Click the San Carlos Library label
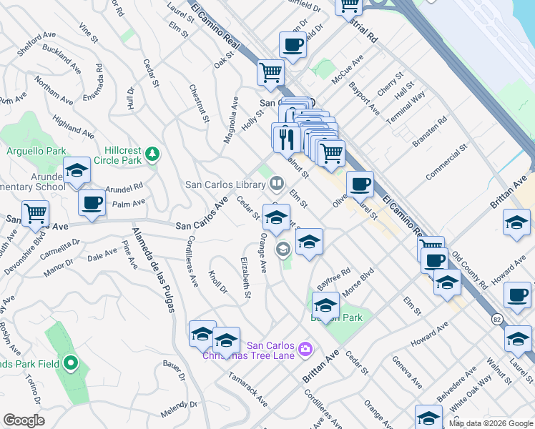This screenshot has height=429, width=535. click(x=225, y=184)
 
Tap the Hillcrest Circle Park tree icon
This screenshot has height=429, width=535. click(x=152, y=154)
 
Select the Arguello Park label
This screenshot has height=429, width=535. click(x=36, y=151)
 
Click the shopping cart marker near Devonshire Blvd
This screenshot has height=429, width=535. click(x=35, y=213)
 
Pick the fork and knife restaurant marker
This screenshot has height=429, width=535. click(x=285, y=137)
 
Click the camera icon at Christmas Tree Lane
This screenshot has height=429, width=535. click(x=305, y=349)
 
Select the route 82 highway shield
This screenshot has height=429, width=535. click(x=497, y=302)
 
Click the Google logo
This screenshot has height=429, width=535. click(x=24, y=420)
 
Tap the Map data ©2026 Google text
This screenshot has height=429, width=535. click(x=491, y=423)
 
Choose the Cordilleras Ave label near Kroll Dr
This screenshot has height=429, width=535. click(x=192, y=261)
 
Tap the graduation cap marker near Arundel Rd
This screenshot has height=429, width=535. click(x=77, y=171)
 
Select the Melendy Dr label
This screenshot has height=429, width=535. click(x=179, y=414)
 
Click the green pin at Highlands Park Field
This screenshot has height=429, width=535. click(x=70, y=364)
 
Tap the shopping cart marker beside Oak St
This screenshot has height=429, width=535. click(x=271, y=72)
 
